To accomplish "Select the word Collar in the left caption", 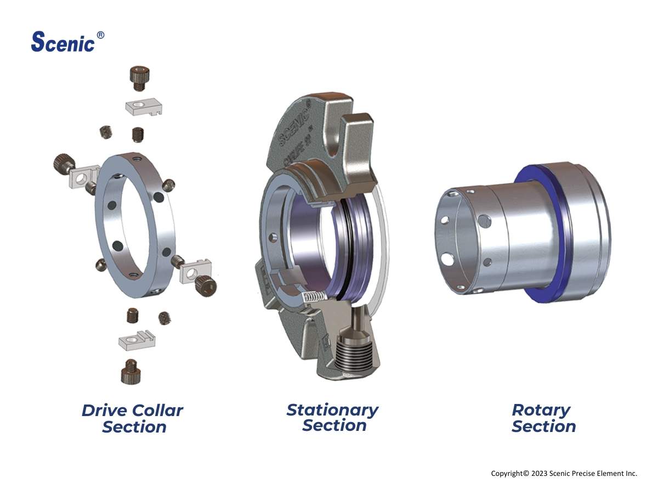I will [158, 410].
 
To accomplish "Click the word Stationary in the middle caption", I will [332, 409].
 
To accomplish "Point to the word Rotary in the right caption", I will [541, 409].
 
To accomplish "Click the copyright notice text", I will [564, 473].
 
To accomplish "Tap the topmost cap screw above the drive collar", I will [140, 77].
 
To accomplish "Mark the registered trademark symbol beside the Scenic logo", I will [100, 35].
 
